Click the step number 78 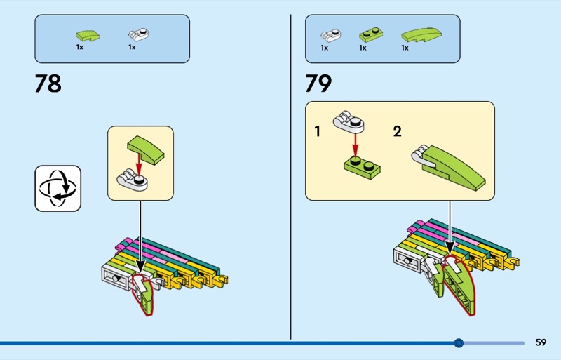pos(48,84)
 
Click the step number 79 pos(318,84)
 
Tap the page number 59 pos(541,342)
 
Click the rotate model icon pos(58,188)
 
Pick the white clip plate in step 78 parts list pos(138,34)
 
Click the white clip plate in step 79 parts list pos(330,34)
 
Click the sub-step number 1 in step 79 pos(318,131)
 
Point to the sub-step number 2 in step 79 pos(398,131)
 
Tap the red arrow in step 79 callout pos(356,145)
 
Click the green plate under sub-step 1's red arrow pos(358,166)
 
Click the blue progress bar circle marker pos(459,343)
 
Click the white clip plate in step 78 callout pos(133,182)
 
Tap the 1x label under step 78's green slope pos(80,48)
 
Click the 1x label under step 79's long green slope pos(405,48)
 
